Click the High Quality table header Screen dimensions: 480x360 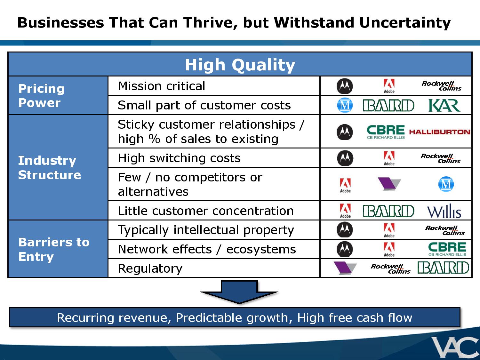[240, 65]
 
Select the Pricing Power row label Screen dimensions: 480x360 [41, 95]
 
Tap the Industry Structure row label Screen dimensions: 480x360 [49, 168]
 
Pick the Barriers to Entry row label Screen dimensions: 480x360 [54, 249]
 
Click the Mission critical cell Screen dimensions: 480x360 [162, 86]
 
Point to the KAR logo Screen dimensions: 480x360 [444, 105]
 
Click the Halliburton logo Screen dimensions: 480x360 [440, 132]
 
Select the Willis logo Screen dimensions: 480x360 [444, 211]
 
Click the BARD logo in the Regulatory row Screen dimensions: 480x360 [443, 268]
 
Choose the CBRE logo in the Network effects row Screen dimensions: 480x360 [447, 249]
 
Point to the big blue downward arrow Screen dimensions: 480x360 [239, 292]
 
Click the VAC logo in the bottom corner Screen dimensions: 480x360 [455, 348]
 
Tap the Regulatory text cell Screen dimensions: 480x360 [150, 268]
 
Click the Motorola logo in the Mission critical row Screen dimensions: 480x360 [345, 86]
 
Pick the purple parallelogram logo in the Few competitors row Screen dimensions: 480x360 [389, 184]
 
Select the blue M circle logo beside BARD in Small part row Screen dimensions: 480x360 [345, 105]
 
